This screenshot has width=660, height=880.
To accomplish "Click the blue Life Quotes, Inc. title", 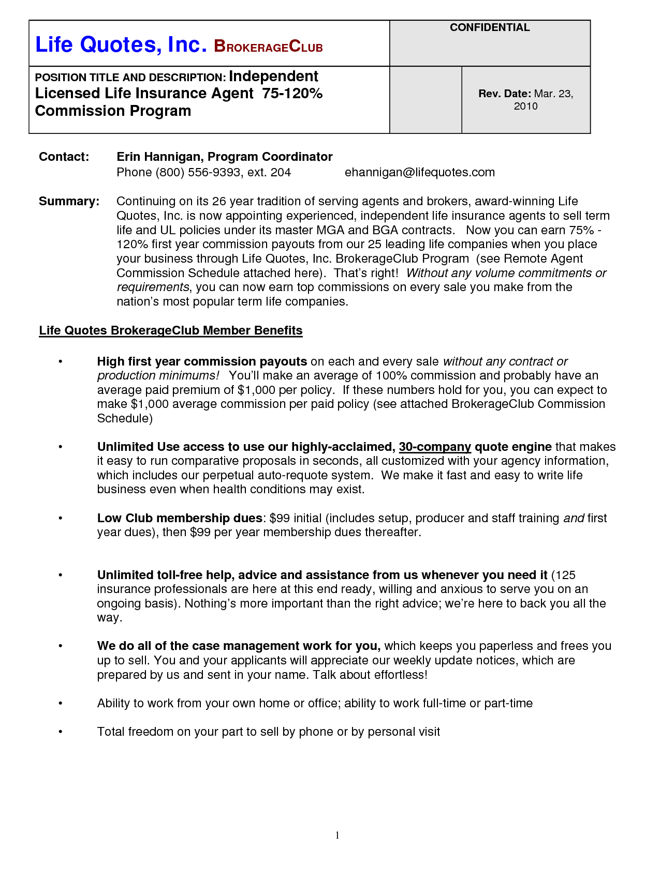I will (x=121, y=45).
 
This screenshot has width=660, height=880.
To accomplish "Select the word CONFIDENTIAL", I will (x=489, y=28).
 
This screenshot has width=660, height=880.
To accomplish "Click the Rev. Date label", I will (x=505, y=94).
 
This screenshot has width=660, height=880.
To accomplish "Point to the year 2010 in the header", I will (x=525, y=106).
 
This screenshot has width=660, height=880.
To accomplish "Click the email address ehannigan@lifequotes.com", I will (x=419, y=172).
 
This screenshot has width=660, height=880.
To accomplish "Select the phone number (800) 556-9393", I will (x=198, y=172).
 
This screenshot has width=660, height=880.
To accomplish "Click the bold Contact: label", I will (x=64, y=157).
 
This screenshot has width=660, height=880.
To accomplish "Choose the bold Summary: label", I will (x=69, y=201).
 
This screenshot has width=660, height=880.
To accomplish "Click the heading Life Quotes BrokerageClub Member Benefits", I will (x=170, y=330).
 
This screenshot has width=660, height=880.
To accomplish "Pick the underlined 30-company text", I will (x=435, y=447).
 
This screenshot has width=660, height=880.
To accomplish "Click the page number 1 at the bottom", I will (x=338, y=835).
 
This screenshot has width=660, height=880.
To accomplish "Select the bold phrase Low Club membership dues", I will (x=180, y=518).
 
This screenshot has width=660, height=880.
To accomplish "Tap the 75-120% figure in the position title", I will (x=292, y=94).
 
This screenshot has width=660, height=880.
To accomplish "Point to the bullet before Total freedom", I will (x=61, y=732).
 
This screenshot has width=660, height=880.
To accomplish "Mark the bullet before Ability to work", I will (x=61, y=703).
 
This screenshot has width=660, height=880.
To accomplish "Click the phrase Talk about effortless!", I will (x=370, y=675).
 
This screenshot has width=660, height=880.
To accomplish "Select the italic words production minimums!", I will (x=158, y=375).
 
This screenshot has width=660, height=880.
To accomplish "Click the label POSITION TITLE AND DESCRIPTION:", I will (x=130, y=78).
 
